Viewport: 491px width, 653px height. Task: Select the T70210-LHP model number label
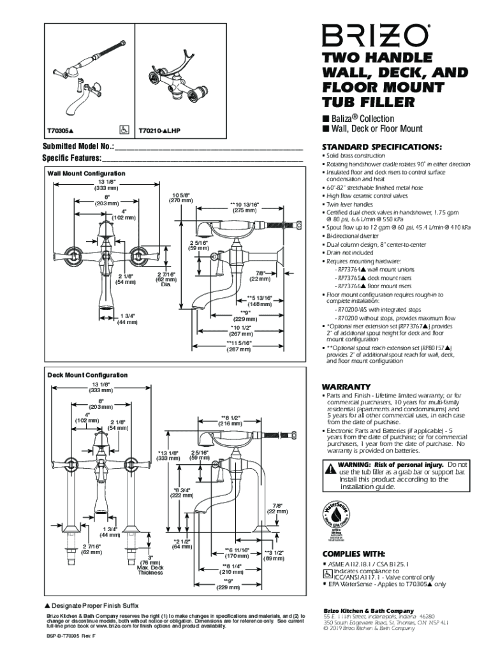point(159,131)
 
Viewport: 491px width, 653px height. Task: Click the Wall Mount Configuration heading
point(86,173)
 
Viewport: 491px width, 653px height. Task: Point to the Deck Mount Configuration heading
point(87,375)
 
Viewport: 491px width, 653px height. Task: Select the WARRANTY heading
point(346,386)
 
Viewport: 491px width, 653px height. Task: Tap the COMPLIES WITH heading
point(353,554)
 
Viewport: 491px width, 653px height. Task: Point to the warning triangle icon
point(330,469)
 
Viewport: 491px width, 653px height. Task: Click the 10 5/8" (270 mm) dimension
point(181,197)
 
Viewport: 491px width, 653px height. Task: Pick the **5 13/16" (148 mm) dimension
point(260,300)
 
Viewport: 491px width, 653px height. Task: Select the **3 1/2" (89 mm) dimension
point(274,555)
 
